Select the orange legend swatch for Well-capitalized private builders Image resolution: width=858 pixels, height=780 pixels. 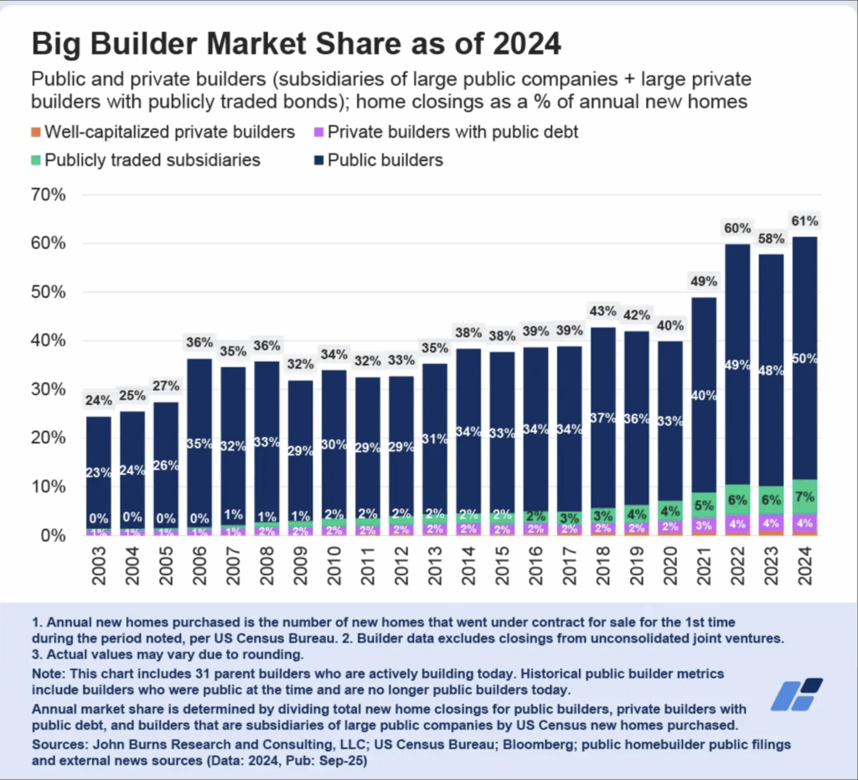click(x=36, y=132)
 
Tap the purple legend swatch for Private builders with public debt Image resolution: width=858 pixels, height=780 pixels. click(x=318, y=132)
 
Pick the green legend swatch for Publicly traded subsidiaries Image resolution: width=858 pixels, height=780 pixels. click(x=36, y=159)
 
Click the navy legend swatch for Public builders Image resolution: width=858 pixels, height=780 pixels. click(x=318, y=159)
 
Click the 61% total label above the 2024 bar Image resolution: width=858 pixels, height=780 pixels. click(x=804, y=221)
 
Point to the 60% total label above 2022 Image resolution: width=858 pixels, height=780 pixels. click(x=737, y=228)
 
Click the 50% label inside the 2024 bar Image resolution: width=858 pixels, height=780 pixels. click(x=804, y=358)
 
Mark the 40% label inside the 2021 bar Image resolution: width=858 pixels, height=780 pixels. click(x=704, y=395)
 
